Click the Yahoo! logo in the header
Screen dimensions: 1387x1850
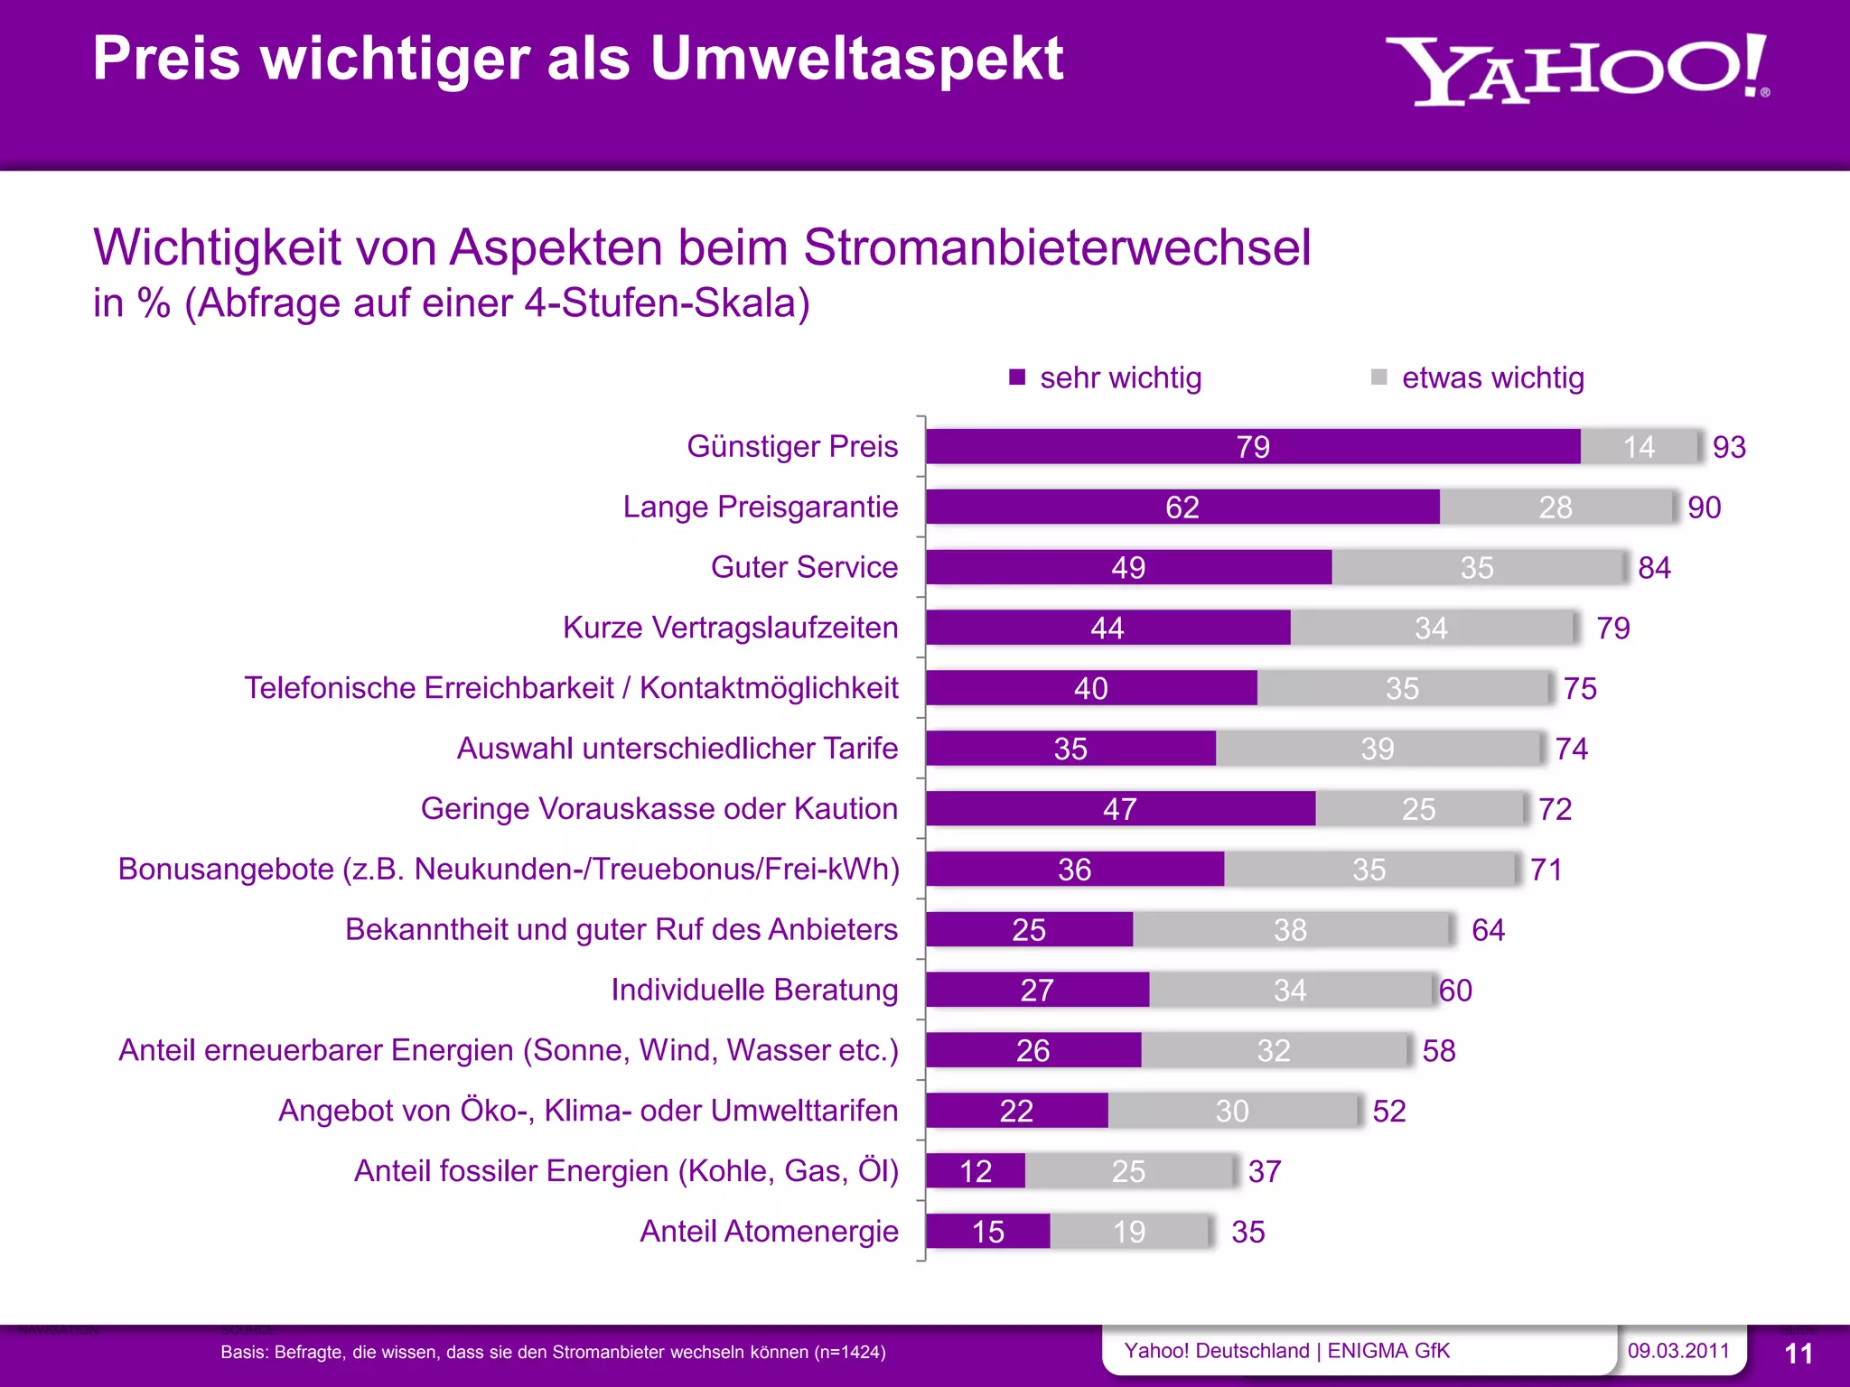click(x=1576, y=70)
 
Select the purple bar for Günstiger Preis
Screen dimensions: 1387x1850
click(x=1252, y=447)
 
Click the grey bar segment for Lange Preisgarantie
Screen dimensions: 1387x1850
click(x=1556, y=507)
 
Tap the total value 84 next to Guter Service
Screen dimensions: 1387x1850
click(x=1654, y=568)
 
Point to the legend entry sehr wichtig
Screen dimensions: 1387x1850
click(x=1119, y=377)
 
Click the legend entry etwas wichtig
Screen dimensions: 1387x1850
click(x=1491, y=377)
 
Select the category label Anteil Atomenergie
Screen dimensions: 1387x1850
click(x=769, y=1231)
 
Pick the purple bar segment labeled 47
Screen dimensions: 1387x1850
click(x=1120, y=809)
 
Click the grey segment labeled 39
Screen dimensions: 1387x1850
click(x=1378, y=749)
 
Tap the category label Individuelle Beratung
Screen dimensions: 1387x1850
click(x=754, y=990)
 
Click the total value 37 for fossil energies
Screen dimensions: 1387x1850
click(x=1265, y=1171)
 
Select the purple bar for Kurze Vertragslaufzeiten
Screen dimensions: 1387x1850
click(x=1107, y=628)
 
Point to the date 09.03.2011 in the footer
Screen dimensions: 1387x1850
click(x=1678, y=1351)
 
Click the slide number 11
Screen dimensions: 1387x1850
click(x=1799, y=1354)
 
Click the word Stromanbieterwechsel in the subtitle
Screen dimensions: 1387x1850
click(x=1057, y=247)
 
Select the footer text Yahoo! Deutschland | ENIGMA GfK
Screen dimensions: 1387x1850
click(x=1286, y=1351)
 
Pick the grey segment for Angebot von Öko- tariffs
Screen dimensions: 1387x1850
click(x=1232, y=1111)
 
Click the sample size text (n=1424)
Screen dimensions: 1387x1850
click(x=849, y=1353)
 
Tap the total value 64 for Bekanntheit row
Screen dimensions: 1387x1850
click(x=1488, y=930)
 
